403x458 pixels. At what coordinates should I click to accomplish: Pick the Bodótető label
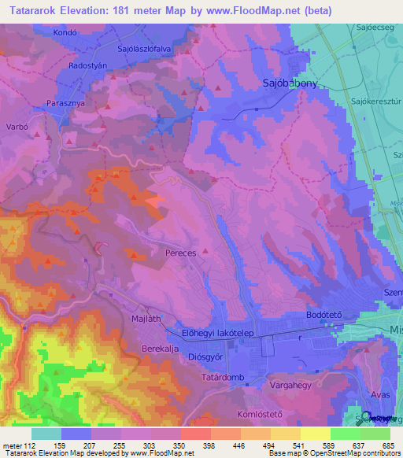[321, 315]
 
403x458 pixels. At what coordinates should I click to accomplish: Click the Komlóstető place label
[259, 414]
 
